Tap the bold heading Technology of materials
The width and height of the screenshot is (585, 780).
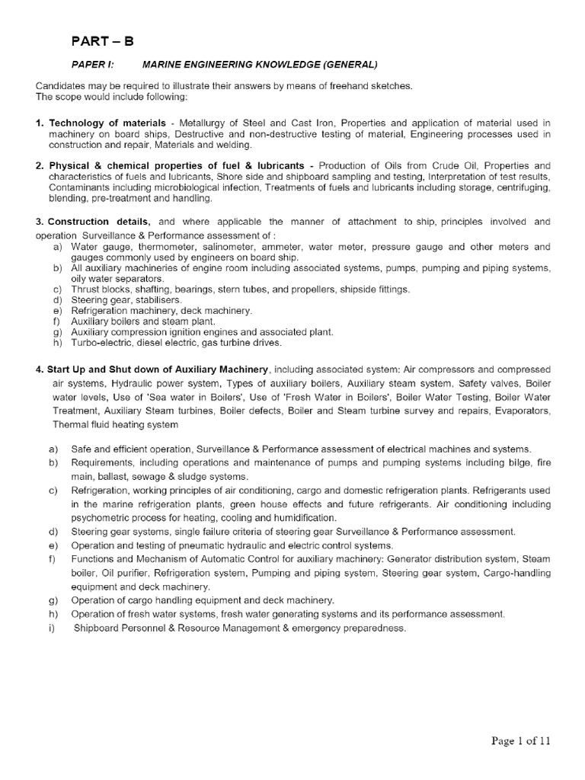coord(107,123)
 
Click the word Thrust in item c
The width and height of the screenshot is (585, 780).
coord(85,289)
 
